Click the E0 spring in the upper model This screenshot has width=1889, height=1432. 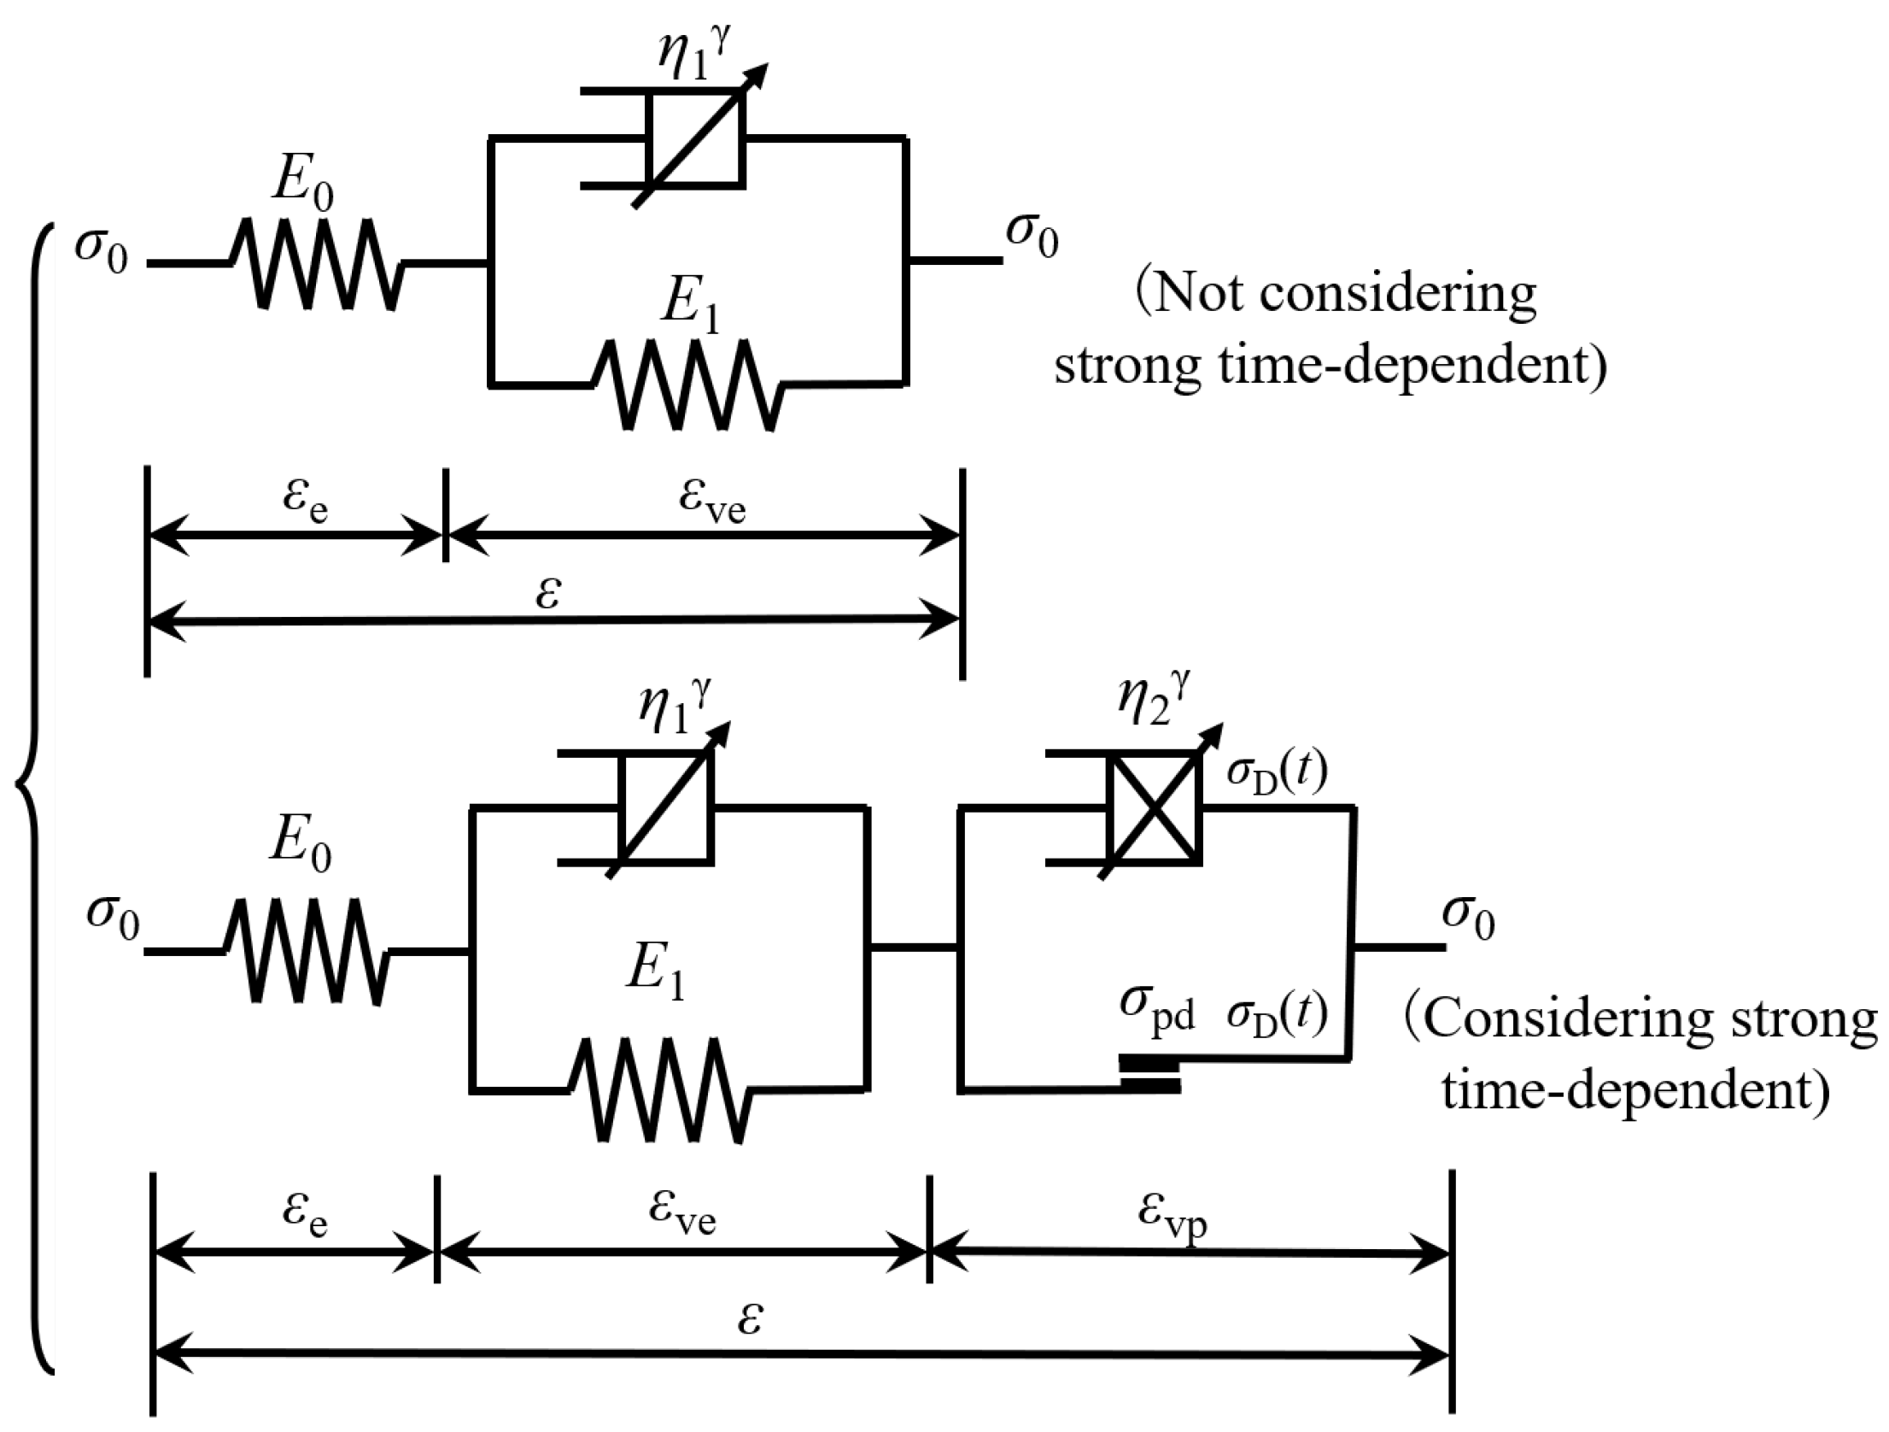tap(317, 263)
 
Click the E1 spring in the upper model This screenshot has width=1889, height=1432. tap(687, 385)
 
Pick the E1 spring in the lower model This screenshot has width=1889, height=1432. tap(659, 1090)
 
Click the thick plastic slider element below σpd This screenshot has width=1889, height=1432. tap(1150, 1075)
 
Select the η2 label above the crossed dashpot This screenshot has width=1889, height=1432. tap(1153, 699)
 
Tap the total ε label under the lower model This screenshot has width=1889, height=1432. tap(749, 1318)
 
